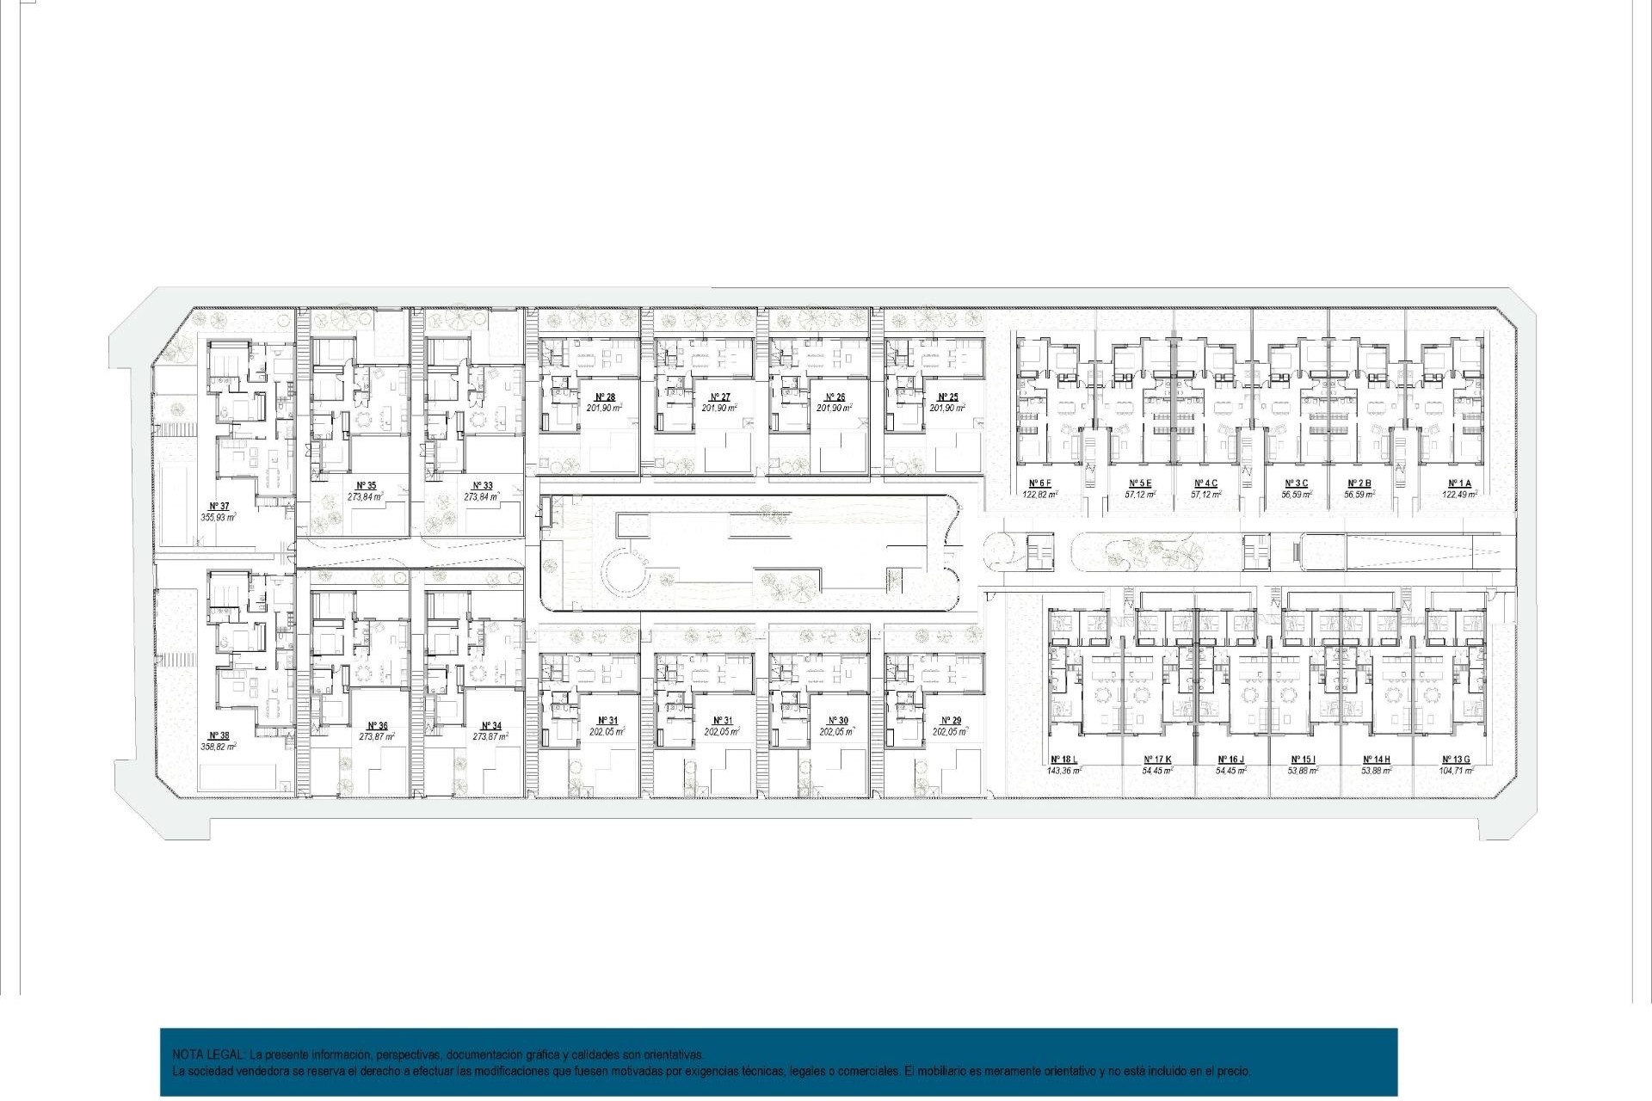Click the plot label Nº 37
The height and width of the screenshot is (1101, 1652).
[219, 506]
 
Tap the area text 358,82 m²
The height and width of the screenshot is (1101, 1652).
[219, 747]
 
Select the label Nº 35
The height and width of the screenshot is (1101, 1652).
[366, 485]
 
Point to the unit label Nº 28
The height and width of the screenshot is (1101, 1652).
[605, 397]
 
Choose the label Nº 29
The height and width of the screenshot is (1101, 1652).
[951, 720]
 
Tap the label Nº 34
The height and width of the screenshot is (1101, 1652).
[491, 726]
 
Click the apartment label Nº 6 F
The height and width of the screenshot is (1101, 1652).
[1039, 483]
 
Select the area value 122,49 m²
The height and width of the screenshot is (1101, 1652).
[1459, 495]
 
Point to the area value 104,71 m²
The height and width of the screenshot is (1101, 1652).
[1456, 771]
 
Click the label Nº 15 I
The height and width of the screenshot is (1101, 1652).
[1303, 760]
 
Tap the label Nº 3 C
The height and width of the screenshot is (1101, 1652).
[1296, 483]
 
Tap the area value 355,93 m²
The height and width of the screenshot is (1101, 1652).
[219, 517]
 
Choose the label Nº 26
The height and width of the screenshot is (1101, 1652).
[835, 397]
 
